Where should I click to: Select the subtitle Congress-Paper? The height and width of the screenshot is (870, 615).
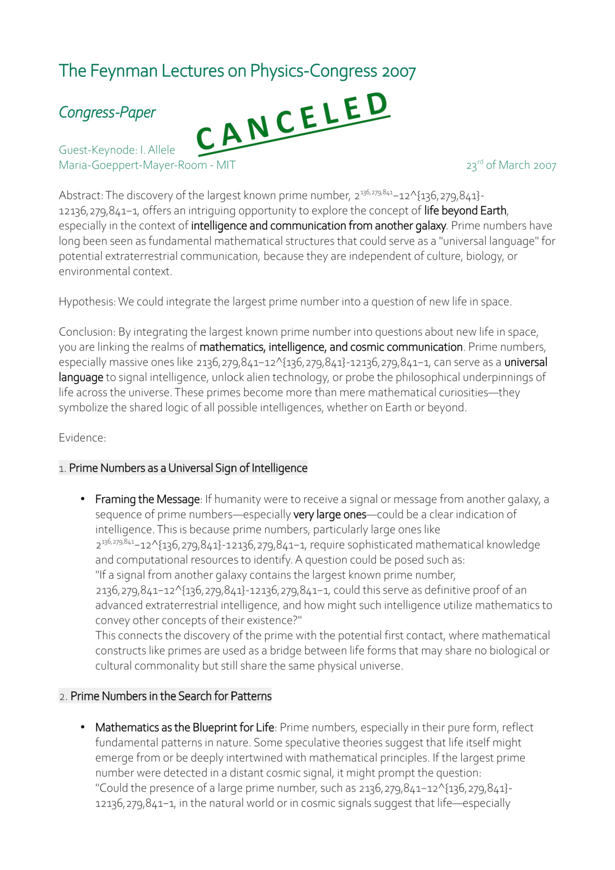click(x=107, y=112)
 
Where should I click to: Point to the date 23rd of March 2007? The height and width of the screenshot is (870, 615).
click(x=511, y=165)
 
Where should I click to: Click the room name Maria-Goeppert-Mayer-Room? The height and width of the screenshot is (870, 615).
click(x=133, y=165)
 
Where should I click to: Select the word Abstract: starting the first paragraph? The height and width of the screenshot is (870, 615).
click(x=81, y=196)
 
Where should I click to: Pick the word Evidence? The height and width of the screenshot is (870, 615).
click(x=82, y=438)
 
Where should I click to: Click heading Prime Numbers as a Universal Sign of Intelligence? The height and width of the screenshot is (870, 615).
click(x=188, y=468)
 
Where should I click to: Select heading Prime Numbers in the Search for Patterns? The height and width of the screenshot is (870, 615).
click(x=171, y=696)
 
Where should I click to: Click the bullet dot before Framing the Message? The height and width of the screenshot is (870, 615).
click(x=83, y=499)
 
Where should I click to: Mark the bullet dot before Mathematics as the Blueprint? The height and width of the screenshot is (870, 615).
click(x=83, y=727)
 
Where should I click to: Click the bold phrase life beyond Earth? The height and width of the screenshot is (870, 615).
click(x=465, y=211)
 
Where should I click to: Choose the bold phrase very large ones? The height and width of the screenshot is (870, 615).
click(x=329, y=514)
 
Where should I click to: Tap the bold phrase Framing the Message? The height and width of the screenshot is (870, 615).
click(x=147, y=500)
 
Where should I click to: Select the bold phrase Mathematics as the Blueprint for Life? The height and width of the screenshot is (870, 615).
click(x=184, y=727)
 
